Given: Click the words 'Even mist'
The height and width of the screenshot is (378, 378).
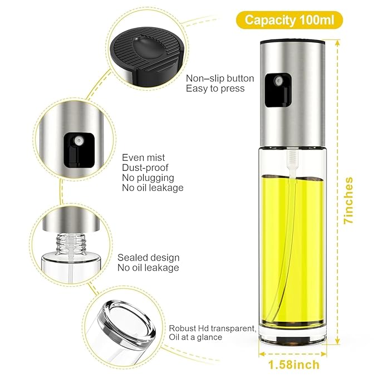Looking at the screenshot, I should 144,158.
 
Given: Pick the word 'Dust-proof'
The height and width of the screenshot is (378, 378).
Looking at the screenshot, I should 146,168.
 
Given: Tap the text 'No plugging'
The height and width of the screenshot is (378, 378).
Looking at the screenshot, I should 148,178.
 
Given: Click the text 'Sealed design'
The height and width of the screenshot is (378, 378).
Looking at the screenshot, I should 149,257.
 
